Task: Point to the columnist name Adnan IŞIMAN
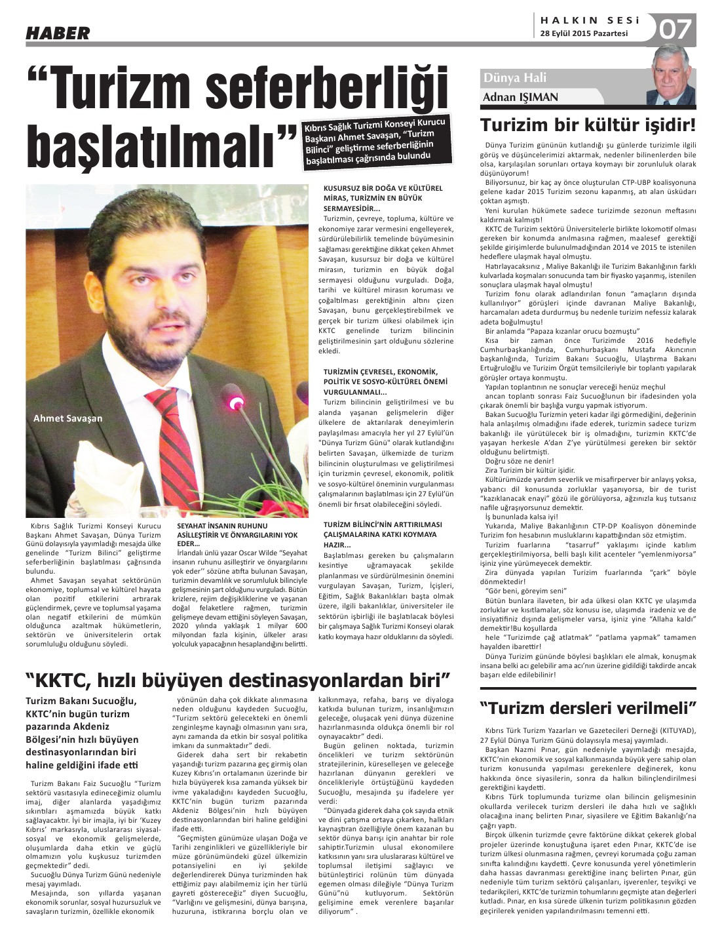[520, 97]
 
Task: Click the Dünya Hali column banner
[515, 78]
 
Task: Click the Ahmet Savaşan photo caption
[68, 418]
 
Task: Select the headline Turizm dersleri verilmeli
[588, 708]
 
